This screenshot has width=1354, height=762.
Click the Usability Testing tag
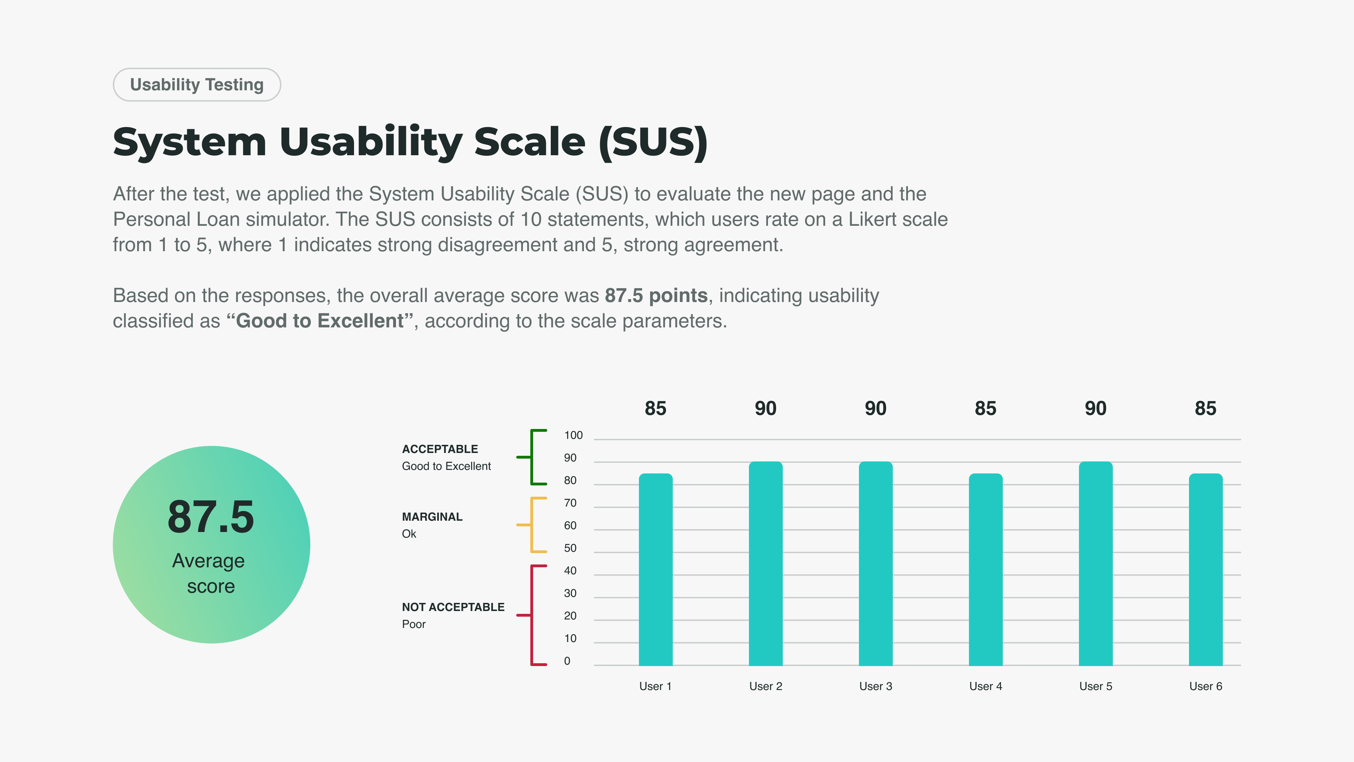[197, 85]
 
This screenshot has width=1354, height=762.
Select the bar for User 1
[655, 569]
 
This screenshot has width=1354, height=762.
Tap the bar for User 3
[876, 564]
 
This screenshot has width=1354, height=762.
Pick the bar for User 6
[1206, 569]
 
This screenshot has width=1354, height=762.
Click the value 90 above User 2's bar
[765, 409]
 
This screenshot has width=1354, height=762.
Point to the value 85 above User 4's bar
[986, 409]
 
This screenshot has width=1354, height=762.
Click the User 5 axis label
[1096, 686]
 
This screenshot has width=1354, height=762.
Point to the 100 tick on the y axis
[573, 435]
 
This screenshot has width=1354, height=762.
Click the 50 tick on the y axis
[570, 549]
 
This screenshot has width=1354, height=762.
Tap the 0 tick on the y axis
[567, 661]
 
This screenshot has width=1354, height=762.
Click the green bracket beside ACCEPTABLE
[532, 457]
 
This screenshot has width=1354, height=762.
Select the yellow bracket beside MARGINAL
[532, 525]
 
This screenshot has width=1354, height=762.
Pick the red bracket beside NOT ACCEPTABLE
[532, 615]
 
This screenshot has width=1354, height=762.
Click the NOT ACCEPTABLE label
[453, 607]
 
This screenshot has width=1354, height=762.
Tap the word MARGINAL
[432, 517]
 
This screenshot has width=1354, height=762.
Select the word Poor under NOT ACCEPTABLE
[414, 624]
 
